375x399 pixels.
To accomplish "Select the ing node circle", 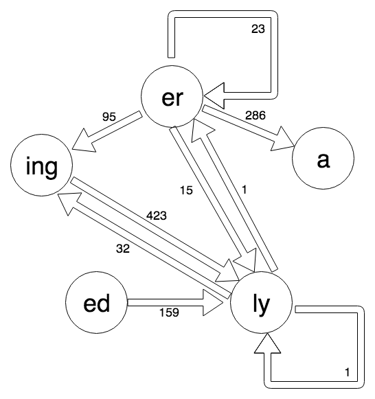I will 43,166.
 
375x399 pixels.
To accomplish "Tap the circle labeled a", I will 323,160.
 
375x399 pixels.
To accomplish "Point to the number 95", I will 109,116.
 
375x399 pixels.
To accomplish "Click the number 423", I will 157,216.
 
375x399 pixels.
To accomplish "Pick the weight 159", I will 168,312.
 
